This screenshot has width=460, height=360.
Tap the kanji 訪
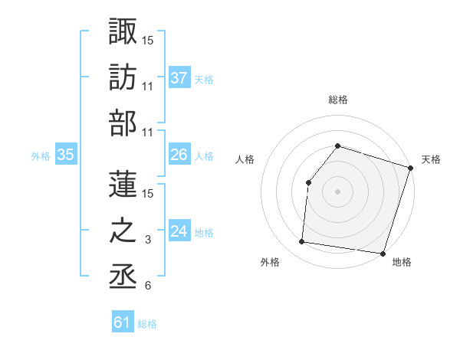(123, 77)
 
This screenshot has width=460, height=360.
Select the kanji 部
(123, 124)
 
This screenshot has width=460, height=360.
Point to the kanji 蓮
(123, 184)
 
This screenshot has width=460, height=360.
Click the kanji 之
(123, 231)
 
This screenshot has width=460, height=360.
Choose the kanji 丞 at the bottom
(123, 278)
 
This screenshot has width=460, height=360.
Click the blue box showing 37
(179, 77)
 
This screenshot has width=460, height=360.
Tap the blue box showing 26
(179, 155)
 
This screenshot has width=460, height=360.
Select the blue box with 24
(179, 231)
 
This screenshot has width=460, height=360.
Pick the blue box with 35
(66, 155)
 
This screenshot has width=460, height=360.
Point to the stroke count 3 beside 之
(149, 241)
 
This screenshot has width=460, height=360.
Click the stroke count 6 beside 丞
(147, 286)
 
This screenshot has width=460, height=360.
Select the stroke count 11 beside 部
(148, 133)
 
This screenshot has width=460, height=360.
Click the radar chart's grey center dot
(337, 191)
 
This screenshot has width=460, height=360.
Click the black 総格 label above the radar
(337, 100)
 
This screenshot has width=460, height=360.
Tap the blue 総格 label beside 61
(147, 324)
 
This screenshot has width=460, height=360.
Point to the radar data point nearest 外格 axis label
(302, 242)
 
